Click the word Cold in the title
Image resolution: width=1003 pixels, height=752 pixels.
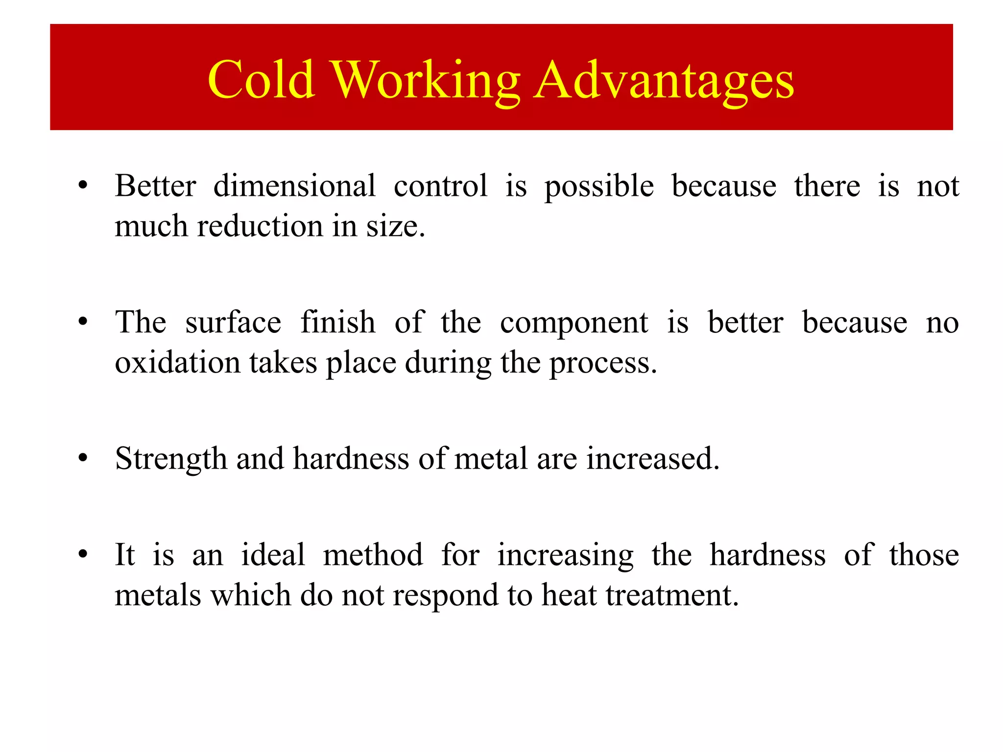click(x=261, y=79)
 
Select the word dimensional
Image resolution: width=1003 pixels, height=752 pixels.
click(x=294, y=187)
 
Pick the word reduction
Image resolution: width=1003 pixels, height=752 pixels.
click(x=260, y=227)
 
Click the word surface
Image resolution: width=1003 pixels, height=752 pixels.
click(x=233, y=323)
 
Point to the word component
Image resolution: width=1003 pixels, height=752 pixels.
click(x=574, y=324)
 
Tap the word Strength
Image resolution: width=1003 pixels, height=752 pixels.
click(x=170, y=460)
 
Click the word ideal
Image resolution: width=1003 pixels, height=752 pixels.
click(x=273, y=555)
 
